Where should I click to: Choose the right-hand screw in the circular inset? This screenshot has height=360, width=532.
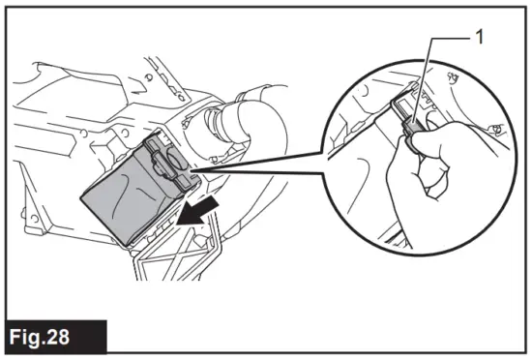(x=495, y=128)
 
